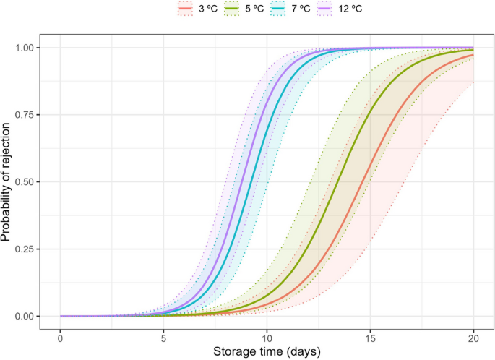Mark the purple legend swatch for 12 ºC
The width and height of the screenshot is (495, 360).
pos(336,9)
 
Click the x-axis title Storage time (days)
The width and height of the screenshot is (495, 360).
pos(267,351)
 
